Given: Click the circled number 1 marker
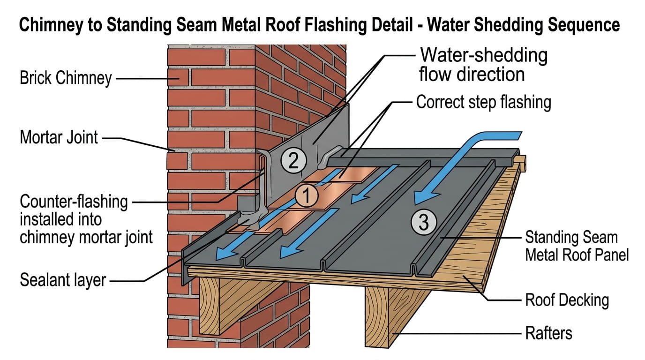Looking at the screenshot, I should (x=305, y=196).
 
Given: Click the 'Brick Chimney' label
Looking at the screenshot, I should (x=66, y=78).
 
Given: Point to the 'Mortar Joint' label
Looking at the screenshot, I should (x=59, y=138).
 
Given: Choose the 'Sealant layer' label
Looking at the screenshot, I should (x=63, y=280).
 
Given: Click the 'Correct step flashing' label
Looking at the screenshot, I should (x=483, y=102).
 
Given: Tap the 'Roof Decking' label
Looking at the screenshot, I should (x=567, y=300).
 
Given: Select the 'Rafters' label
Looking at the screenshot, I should (x=548, y=333).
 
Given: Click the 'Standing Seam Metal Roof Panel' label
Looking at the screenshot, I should (x=577, y=246).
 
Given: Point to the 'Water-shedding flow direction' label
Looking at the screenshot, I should (x=483, y=65).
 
